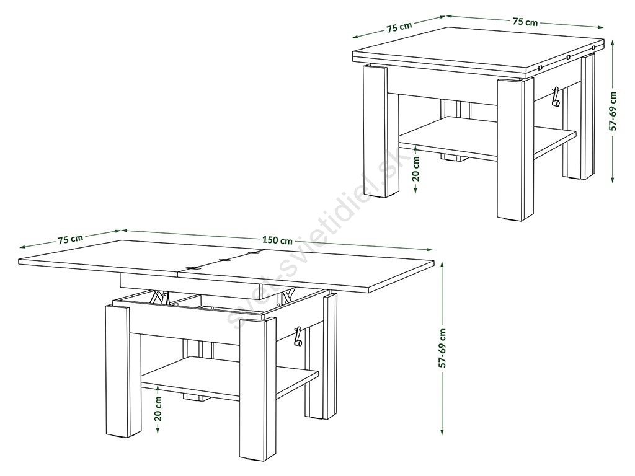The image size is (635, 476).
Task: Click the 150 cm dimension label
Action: coord(277,240)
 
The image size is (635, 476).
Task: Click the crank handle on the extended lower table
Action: coord(298,337)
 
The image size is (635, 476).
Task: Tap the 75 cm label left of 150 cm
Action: coord(71,239)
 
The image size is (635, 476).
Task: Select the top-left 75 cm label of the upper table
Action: coord(399,27)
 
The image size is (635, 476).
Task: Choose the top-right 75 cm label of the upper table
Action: coord(525,22)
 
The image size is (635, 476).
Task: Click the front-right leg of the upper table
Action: coord(513,150)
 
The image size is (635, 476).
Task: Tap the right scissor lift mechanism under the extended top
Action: coord(286,296)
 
